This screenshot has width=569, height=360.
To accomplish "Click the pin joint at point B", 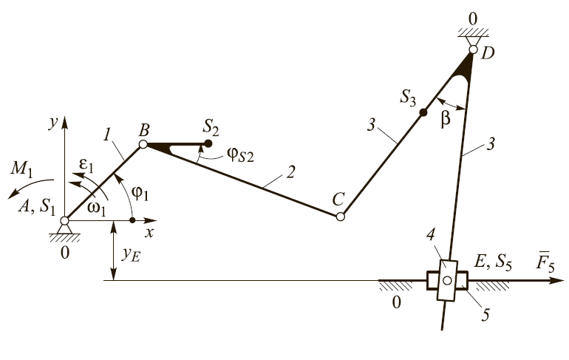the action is [143, 144].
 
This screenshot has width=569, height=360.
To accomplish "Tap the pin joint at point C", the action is [340, 217].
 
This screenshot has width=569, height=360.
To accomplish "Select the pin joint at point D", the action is [474, 50].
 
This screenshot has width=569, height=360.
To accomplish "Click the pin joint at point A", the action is [65, 220].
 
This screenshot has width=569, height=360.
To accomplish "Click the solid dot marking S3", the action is [423, 112].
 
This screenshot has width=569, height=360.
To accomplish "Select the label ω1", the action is [95, 207].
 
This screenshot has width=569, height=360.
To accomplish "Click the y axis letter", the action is [52, 123].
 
